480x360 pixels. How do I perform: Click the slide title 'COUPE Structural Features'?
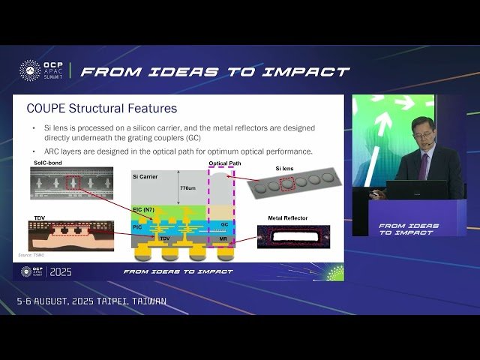click(101, 109)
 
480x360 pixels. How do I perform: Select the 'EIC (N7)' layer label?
click(142, 208)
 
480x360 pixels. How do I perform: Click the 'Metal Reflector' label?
click(287, 218)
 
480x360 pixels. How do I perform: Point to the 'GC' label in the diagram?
click(223, 223)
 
